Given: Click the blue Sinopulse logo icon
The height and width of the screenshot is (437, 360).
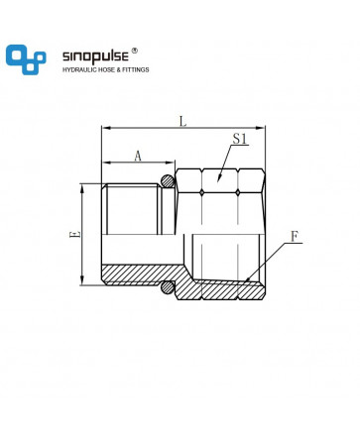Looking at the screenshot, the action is (x=26, y=59).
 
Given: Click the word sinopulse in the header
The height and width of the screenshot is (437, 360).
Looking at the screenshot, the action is (x=95, y=56).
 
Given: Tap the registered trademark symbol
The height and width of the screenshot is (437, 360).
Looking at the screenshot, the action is (x=134, y=51).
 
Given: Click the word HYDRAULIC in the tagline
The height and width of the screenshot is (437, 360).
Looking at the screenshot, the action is (x=78, y=70).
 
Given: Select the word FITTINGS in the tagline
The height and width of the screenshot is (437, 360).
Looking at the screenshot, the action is (x=136, y=70).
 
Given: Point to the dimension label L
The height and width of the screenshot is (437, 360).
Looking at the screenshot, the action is (x=182, y=121).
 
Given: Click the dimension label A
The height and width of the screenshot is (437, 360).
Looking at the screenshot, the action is (x=138, y=156).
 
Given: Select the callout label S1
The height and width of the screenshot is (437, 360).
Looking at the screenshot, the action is (x=240, y=139).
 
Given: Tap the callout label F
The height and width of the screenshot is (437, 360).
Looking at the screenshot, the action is (x=295, y=237).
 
